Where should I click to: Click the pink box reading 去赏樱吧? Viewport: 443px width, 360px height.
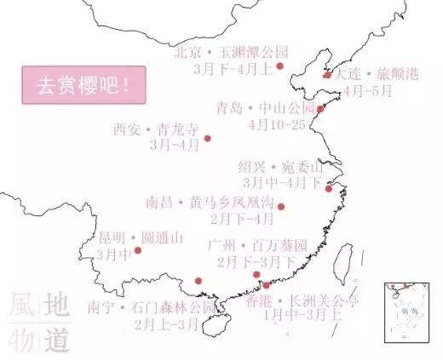[x=83, y=86]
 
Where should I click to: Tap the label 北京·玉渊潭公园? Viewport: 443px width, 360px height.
[x=231, y=51]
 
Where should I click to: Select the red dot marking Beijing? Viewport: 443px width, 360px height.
[x=279, y=66]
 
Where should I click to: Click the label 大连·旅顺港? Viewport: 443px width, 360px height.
[x=377, y=74]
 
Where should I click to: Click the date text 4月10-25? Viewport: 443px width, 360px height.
[x=275, y=124]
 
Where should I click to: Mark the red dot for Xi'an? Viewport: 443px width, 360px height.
[x=207, y=138]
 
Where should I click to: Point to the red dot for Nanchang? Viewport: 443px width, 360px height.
[x=281, y=206]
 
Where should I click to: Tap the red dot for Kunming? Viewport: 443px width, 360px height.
[x=138, y=250]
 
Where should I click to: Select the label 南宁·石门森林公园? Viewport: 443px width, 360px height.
[x=152, y=307]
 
